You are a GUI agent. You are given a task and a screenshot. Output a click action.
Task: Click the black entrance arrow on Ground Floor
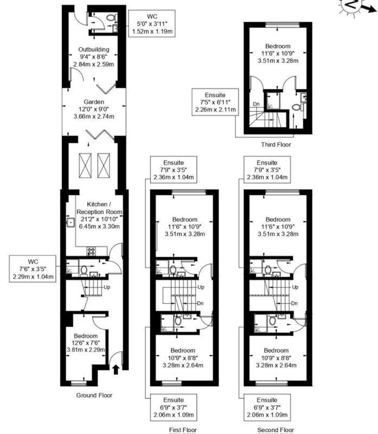click(116, 370)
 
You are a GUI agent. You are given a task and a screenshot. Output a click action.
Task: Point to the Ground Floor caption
click(94, 395)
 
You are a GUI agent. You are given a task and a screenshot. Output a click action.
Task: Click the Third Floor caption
click(276, 144)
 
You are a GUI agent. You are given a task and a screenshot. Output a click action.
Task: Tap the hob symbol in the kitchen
click(92, 251)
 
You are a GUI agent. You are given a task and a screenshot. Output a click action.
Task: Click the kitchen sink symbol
click(71, 222)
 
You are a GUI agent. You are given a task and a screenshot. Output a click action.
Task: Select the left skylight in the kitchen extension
click(85, 165)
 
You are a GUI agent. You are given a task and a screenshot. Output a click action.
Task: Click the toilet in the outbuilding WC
click(111, 18)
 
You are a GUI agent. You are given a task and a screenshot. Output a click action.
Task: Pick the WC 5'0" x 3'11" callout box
click(152, 23)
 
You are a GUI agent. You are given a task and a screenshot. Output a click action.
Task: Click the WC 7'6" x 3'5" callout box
click(33, 269)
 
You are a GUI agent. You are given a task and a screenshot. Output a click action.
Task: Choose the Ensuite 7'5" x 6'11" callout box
click(215, 102)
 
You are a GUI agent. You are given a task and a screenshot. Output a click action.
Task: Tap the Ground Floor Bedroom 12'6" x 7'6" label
click(86, 343)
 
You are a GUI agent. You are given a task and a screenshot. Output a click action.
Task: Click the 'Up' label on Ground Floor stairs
click(107, 287)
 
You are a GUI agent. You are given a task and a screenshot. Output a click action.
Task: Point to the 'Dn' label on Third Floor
click(257, 104)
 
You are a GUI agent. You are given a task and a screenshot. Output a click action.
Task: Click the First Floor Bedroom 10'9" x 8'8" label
click(183, 358)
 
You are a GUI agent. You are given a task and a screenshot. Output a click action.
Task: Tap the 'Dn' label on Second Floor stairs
click(294, 303)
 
